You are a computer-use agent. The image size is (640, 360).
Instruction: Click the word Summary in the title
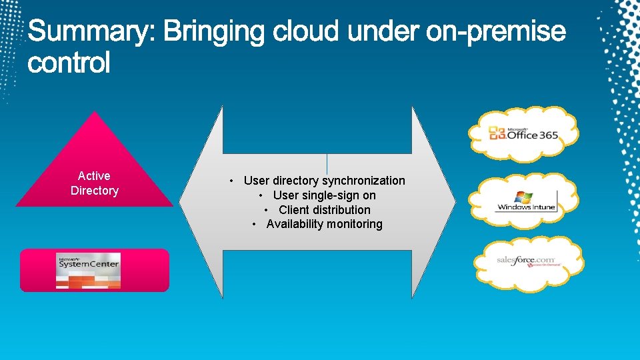pyautogui.click(x=91, y=31)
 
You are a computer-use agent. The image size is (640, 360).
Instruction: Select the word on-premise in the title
pyautogui.click(x=495, y=31)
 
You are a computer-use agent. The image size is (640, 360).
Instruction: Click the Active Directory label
pyautogui.click(x=95, y=183)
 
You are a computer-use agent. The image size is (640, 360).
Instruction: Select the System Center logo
pyautogui.click(x=89, y=270)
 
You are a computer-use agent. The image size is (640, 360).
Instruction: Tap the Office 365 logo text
pyautogui.click(x=532, y=135)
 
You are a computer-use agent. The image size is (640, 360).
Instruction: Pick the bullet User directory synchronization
pyautogui.click(x=324, y=181)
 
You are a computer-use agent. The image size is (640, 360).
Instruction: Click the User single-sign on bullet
pyautogui.click(x=324, y=195)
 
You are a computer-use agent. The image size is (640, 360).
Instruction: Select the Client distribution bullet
pyautogui.click(x=324, y=210)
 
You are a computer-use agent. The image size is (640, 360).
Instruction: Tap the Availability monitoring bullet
pyautogui.click(x=324, y=225)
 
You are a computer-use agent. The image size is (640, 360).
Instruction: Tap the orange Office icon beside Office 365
pyautogui.click(x=497, y=135)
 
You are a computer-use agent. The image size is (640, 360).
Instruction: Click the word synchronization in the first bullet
pyautogui.click(x=363, y=181)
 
